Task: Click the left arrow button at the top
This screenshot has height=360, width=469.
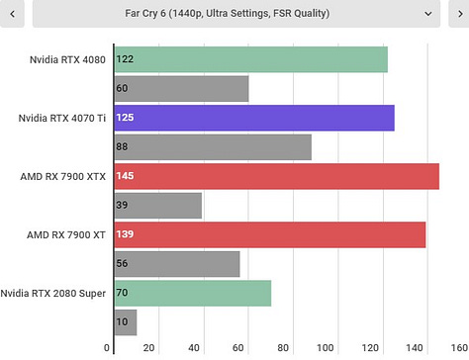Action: (11, 14)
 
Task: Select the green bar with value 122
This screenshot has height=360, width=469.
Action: (250, 59)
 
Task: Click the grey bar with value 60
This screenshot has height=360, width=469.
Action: (181, 89)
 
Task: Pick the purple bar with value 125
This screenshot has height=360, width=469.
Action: (254, 118)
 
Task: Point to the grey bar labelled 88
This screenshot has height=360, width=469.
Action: (213, 147)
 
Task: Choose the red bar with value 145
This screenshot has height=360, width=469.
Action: (276, 176)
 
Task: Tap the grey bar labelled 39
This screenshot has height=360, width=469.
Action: (158, 206)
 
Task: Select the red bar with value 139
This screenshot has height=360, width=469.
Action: (270, 234)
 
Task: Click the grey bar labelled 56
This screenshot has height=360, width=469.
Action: (177, 264)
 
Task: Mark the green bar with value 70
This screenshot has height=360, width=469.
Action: (192, 293)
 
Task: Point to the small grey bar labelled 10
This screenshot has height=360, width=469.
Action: (126, 321)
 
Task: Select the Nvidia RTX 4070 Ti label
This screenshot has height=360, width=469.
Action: (62, 119)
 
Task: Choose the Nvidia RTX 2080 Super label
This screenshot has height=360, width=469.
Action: (53, 294)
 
